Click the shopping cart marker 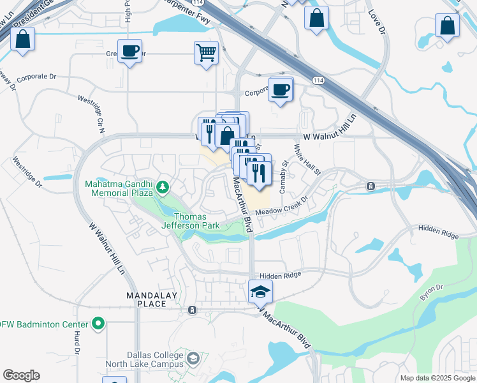[x=207, y=53]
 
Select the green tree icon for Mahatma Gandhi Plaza [x=163, y=186]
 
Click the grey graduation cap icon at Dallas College [x=192, y=361]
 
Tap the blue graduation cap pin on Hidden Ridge [x=260, y=292]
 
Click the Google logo [x=21, y=375]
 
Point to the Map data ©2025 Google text [x=437, y=378]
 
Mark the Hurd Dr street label [x=76, y=345]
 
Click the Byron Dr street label [x=430, y=294]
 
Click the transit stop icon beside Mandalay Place [x=192, y=310]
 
